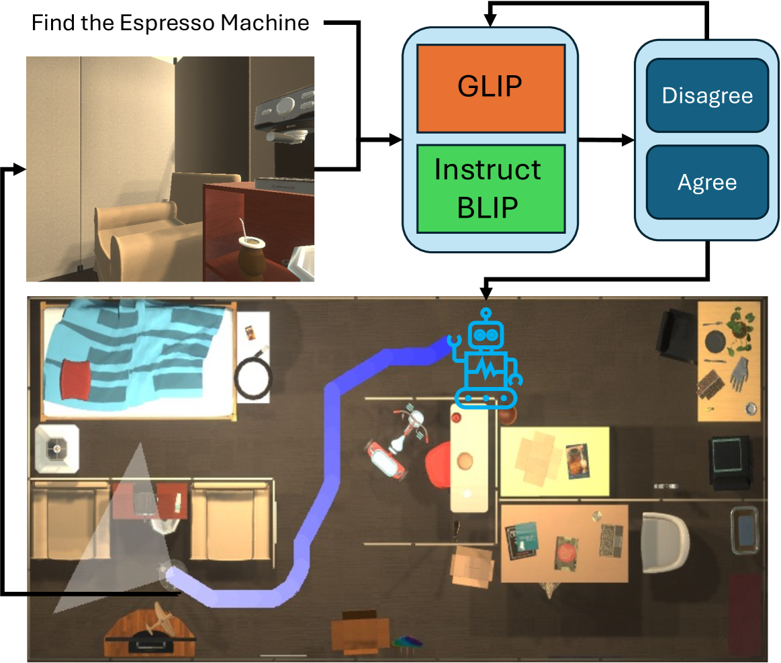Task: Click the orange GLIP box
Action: pyautogui.click(x=490, y=88)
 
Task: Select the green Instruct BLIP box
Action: pyautogui.click(x=490, y=189)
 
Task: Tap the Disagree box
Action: pyautogui.click(x=707, y=95)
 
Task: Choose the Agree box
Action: pyautogui.click(x=707, y=182)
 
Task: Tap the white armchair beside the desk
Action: pyautogui.click(x=665, y=541)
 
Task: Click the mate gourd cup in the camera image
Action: pyautogui.click(x=242, y=253)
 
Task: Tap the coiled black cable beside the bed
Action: pyautogui.click(x=252, y=380)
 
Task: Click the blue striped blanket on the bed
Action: pyautogui.click(x=134, y=356)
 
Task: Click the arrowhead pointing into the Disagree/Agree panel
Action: pyautogui.click(x=629, y=140)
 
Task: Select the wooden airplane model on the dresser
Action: pyautogui.click(x=161, y=617)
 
